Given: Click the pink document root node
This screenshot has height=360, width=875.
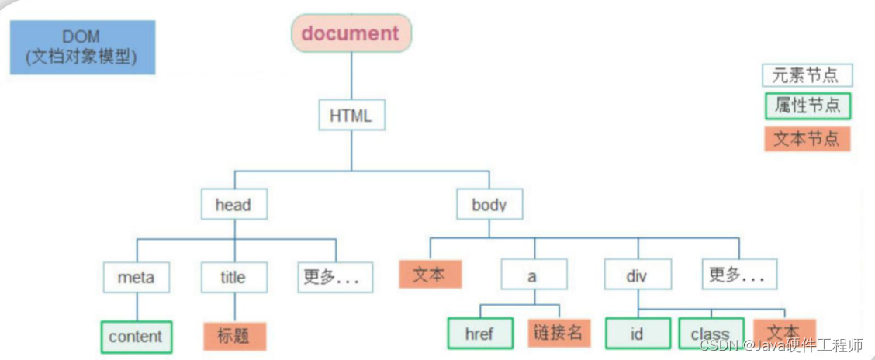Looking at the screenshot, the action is click(351, 33).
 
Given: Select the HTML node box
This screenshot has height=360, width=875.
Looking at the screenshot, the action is click(351, 116).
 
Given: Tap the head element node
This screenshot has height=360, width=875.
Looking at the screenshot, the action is click(233, 205).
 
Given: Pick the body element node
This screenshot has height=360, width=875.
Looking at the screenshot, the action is click(489, 205).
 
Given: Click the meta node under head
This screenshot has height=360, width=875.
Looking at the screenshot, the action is click(136, 277).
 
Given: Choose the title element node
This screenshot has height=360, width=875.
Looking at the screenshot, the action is click(233, 277).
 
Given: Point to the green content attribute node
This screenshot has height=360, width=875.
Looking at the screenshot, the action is click(136, 337).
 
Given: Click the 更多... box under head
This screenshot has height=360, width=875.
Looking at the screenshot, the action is click(334, 277).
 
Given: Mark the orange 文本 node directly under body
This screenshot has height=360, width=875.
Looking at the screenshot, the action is click(430, 275).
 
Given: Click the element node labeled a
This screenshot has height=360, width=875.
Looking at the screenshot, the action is click(533, 275).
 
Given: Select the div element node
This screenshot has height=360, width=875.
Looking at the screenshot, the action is click(637, 275).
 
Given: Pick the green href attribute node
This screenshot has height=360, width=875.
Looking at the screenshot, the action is click(479, 334).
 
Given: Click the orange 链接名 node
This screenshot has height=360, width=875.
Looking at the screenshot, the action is click(559, 333).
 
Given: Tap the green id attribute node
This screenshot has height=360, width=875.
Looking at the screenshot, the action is click(637, 334).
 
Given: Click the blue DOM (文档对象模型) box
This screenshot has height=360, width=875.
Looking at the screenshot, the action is click(82, 47).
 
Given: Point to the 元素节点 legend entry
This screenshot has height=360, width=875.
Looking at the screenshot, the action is click(807, 75).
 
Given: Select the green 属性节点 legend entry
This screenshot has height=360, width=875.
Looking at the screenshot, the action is click(807, 106).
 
